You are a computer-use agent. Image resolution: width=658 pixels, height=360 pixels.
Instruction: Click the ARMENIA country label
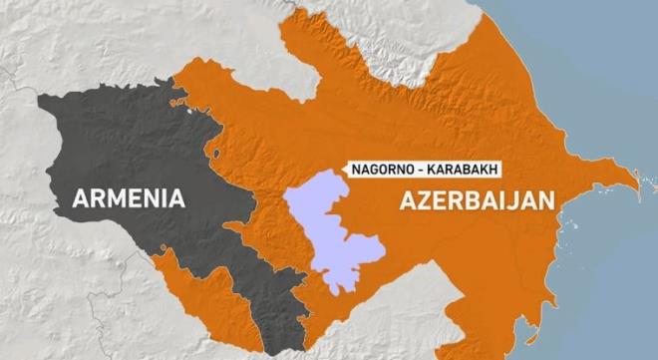[129, 197]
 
